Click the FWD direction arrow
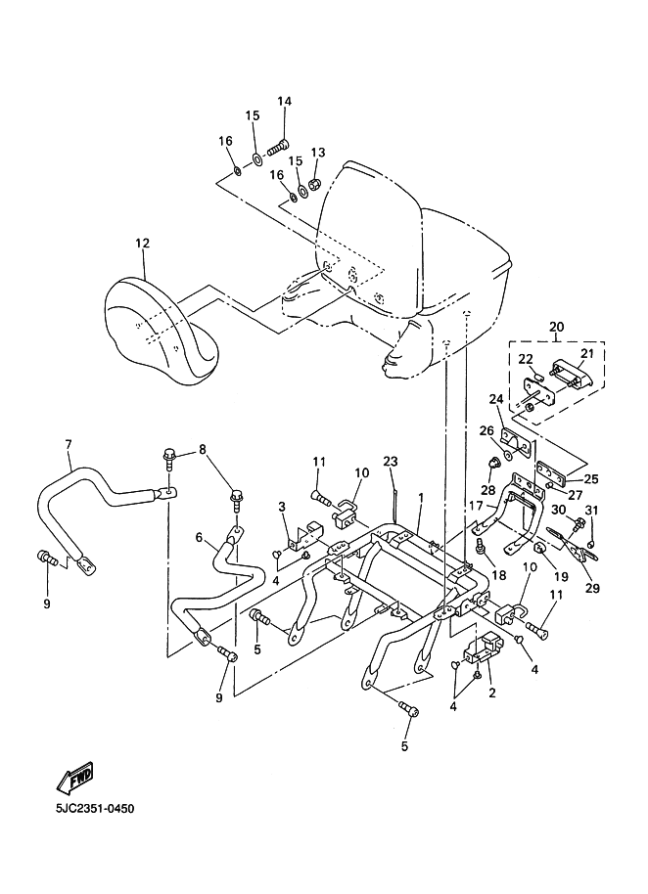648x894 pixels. [74, 778]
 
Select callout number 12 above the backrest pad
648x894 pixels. [142, 244]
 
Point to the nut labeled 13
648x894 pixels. [314, 184]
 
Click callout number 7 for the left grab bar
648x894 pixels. [69, 444]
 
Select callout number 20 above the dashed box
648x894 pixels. [556, 327]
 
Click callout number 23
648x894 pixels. [391, 461]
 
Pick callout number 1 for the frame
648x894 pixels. [421, 498]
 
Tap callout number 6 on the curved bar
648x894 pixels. [199, 537]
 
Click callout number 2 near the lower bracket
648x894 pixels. [491, 693]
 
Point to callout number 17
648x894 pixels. [476, 505]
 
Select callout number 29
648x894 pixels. [592, 588]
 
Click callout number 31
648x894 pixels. [592, 510]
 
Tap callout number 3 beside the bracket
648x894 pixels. [281, 507]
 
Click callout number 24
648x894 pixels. [496, 399]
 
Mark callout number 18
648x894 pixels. [498, 575]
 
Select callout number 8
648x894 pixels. [202, 450]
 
